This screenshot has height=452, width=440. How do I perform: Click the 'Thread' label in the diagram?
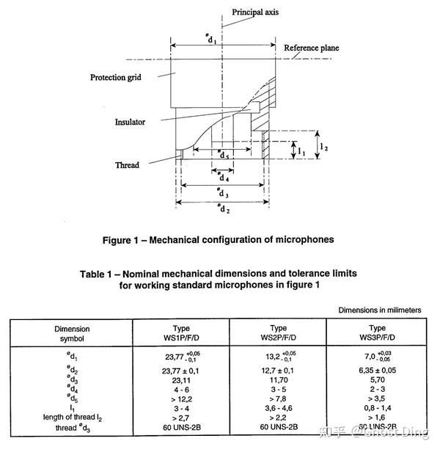point(127,165)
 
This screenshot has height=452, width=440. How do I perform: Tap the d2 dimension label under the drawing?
point(221,208)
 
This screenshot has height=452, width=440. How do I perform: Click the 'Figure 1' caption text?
point(218,238)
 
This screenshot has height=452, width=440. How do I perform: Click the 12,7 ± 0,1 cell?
point(279,371)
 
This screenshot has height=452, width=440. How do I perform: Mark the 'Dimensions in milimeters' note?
point(380,310)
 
